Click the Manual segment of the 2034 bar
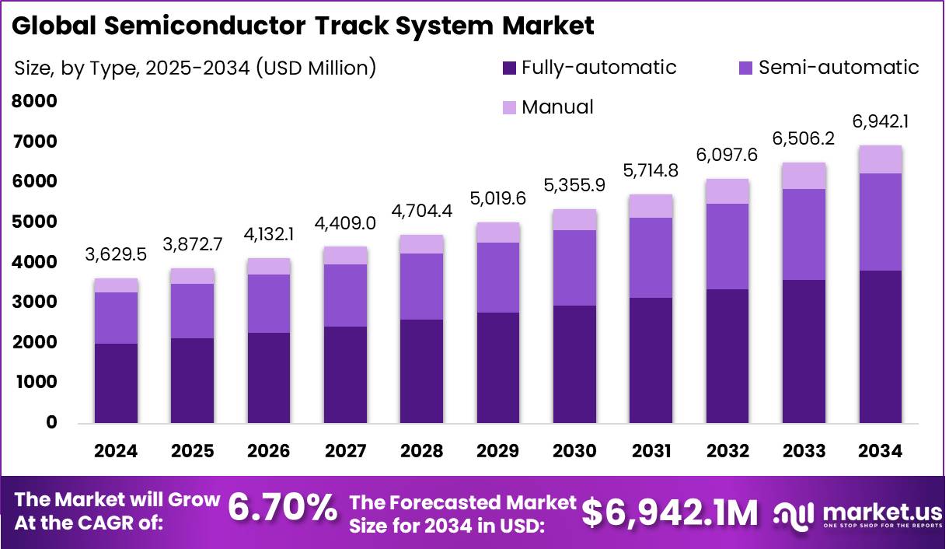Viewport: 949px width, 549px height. pyautogui.click(x=880, y=159)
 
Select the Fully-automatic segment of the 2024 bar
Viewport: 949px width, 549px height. pyautogui.click(x=115, y=383)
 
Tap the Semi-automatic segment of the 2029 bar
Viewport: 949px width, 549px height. pyautogui.click(x=497, y=278)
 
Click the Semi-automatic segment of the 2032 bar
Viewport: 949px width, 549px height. pyautogui.click(x=727, y=246)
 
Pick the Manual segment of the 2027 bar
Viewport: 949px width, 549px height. pyautogui.click(x=344, y=255)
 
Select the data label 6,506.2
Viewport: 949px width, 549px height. pyautogui.click(x=804, y=137)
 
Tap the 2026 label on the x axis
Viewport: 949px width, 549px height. pyautogui.click(x=268, y=451)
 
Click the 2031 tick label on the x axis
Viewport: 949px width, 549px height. pyautogui.click(x=651, y=451)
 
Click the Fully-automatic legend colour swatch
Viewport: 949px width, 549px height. pyautogui.click(x=509, y=68)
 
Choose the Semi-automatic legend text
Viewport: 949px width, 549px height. pyautogui.click(x=838, y=68)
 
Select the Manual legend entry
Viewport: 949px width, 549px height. pyautogui.click(x=556, y=107)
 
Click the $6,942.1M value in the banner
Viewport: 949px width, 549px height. pyautogui.click(x=669, y=512)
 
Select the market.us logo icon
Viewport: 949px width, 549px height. pyautogui.click(x=794, y=513)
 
